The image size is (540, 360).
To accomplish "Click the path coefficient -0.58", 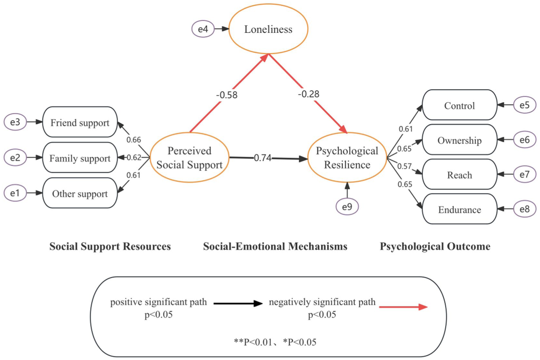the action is [227, 95].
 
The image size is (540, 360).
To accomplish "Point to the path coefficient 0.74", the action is [263, 158].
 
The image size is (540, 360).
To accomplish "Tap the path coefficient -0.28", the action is [309, 94].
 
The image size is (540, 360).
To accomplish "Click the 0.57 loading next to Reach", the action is [404, 166].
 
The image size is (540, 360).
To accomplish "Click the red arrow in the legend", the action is [403, 307].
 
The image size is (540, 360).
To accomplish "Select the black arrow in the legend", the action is [238, 303].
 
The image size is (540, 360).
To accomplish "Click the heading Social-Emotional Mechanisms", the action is [275, 246].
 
